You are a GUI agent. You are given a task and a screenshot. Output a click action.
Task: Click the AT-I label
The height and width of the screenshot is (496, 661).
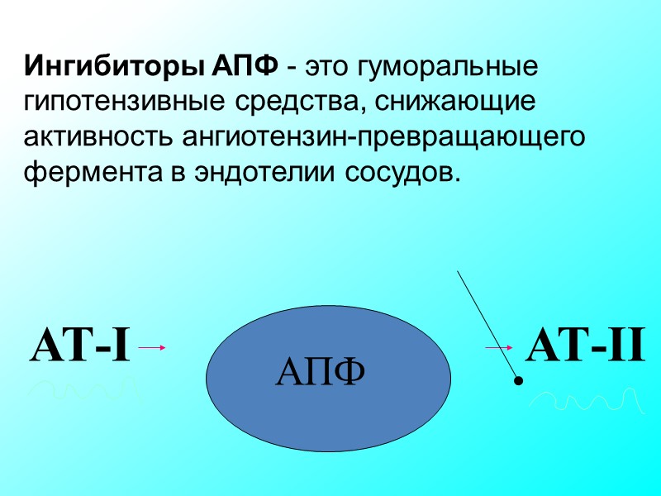coord(80,346)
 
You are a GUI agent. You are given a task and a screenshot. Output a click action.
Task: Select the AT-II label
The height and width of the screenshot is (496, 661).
coord(584,346)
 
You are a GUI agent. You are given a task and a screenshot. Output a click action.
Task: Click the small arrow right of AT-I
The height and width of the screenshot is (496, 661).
coord(153,348)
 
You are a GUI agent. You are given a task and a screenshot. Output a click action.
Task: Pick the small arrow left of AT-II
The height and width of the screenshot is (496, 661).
coord(499,348)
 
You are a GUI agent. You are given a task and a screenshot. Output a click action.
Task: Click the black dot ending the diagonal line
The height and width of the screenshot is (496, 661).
coord(519,382)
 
